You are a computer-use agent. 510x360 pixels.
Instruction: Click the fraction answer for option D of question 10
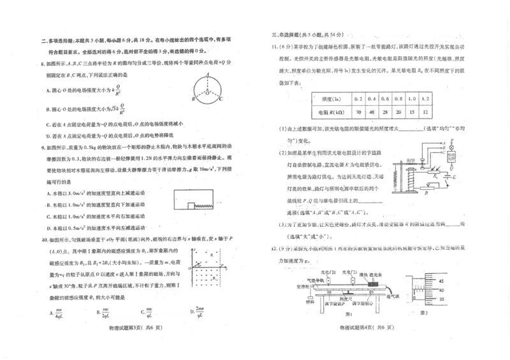point(199,312)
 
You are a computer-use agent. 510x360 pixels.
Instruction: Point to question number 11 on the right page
point(275,46)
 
